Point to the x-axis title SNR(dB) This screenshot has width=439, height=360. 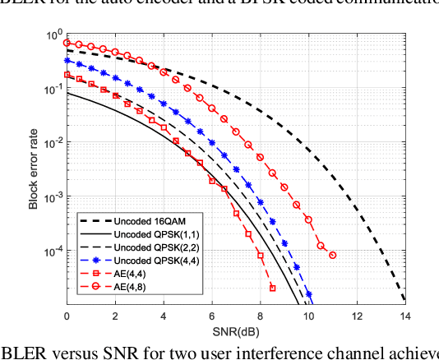pyautogui.click(x=235, y=331)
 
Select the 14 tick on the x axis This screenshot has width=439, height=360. pyautogui.click(x=404, y=316)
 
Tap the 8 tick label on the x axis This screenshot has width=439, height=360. pyautogui.click(x=260, y=316)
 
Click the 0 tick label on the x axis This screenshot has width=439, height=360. pyautogui.click(x=67, y=316)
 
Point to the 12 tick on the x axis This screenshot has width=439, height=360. pyautogui.click(x=355, y=316)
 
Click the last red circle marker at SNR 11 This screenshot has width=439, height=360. pyautogui.click(x=332, y=255)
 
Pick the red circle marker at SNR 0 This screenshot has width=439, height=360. pyautogui.click(x=67, y=42)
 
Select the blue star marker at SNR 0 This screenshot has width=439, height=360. pyautogui.click(x=67, y=60)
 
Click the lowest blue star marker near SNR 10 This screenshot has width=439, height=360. pyautogui.click(x=309, y=293)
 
